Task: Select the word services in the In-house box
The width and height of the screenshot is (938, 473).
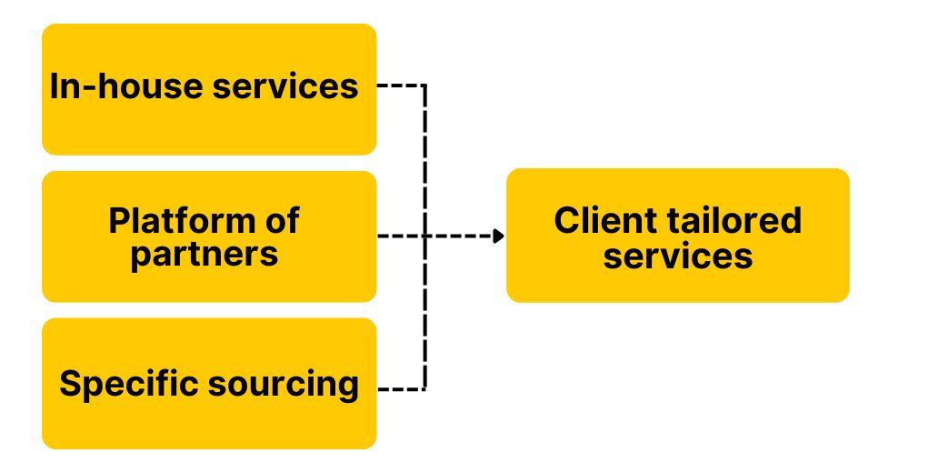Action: [285, 86]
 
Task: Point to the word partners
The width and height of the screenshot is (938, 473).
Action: [204, 254]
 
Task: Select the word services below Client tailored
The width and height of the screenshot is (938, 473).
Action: [677, 256]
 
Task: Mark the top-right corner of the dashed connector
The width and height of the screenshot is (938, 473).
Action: [424, 86]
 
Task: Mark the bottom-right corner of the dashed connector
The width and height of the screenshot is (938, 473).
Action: [424, 389]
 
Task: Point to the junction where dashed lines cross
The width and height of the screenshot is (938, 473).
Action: [424, 236]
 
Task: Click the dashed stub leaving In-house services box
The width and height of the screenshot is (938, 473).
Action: [400, 86]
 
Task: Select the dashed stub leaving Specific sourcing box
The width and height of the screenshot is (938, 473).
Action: [400, 389]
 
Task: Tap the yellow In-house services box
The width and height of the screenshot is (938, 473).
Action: [209, 127]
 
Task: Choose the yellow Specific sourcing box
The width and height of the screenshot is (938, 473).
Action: [209, 423]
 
